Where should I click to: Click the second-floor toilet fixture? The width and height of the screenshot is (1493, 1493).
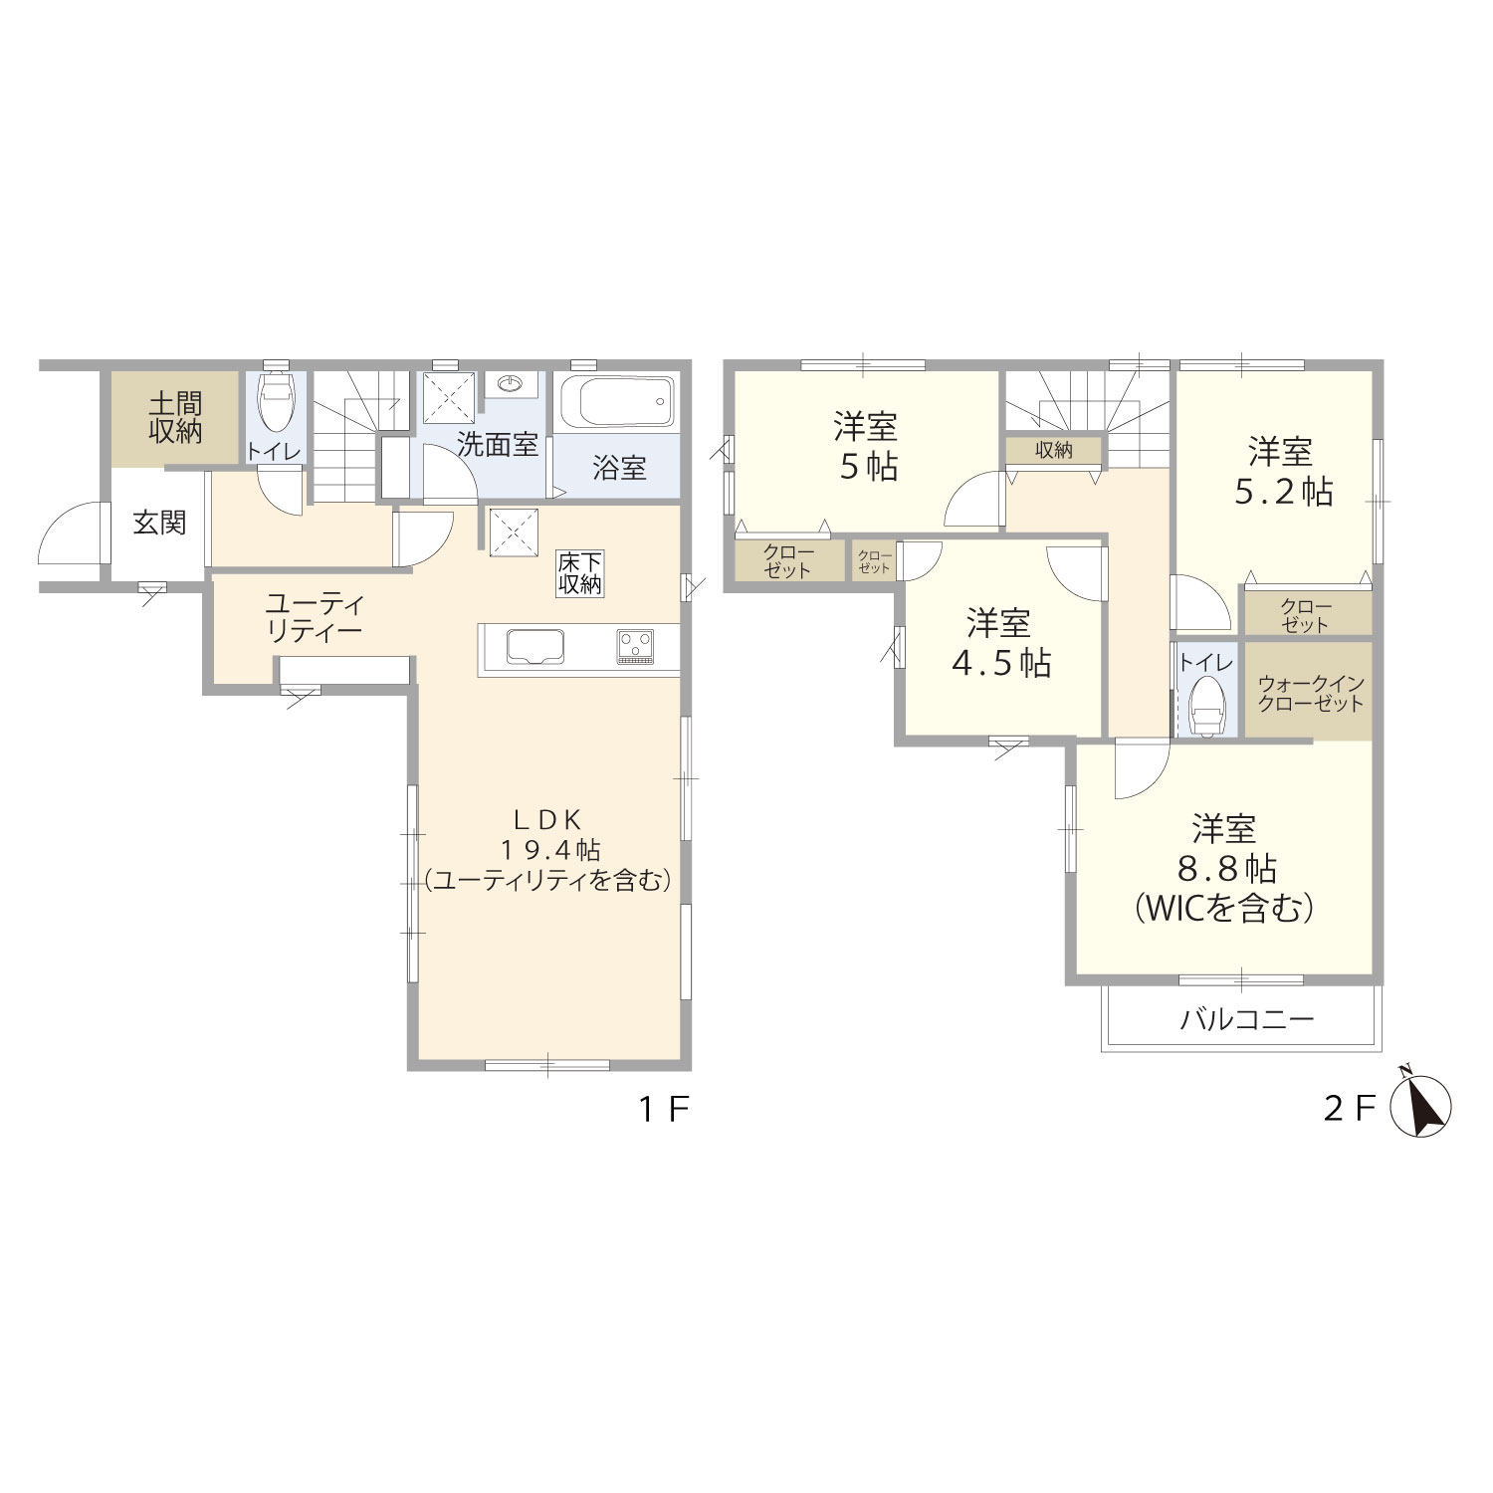click(x=1206, y=705)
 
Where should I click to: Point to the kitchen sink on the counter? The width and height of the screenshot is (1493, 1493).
click(x=536, y=648)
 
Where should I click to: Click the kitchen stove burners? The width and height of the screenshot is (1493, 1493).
click(x=634, y=647)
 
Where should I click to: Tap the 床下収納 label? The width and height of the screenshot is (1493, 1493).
click(x=579, y=573)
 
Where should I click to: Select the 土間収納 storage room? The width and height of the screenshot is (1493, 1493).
click(x=175, y=418)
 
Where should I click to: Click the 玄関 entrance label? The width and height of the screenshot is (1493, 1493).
click(x=159, y=523)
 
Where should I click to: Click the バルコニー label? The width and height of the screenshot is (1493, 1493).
click(x=1248, y=1019)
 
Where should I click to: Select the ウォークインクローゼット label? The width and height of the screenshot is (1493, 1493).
click(x=1310, y=693)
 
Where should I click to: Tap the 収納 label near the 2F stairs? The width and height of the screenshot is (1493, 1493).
click(x=1054, y=451)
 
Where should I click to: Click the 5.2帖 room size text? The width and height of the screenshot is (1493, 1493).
click(x=1283, y=492)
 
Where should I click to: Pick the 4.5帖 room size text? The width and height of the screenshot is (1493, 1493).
click(x=1001, y=663)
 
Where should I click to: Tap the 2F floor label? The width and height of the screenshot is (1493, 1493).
click(x=1351, y=1109)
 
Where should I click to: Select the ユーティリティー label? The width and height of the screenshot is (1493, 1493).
click(x=315, y=617)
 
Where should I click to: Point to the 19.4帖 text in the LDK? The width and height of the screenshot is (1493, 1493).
click(x=549, y=850)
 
